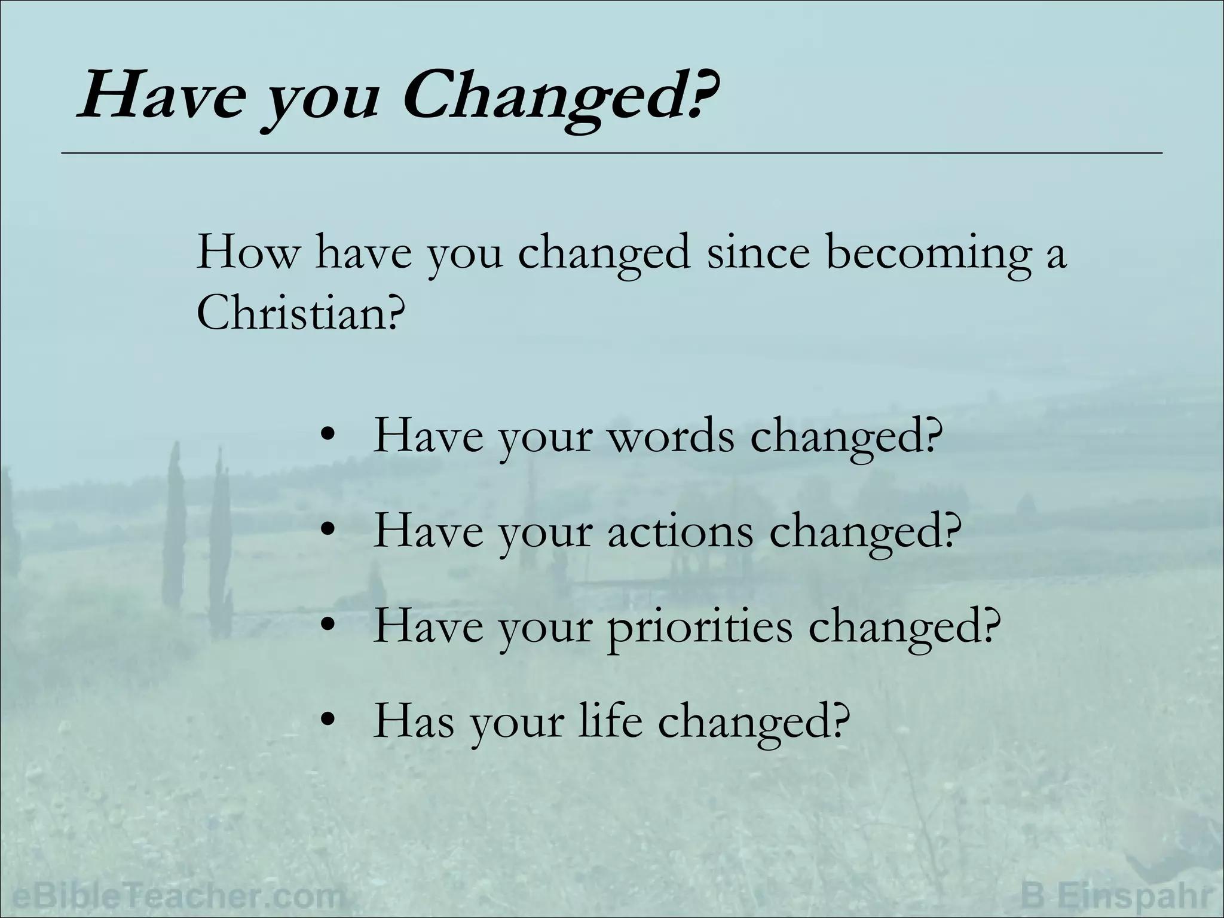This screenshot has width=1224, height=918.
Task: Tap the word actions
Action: [681, 531]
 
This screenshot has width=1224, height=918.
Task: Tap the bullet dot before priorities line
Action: [326, 628]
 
